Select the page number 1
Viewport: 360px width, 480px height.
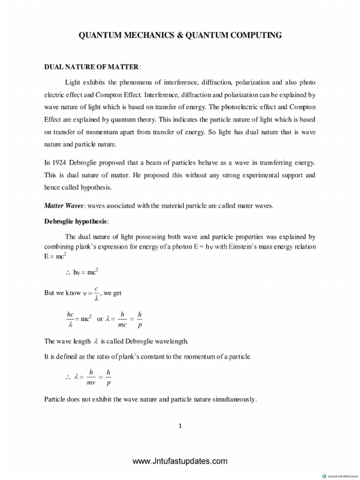pos(180,426)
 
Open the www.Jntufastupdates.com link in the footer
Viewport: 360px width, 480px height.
pos(180,461)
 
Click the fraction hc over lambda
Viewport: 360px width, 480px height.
pos(71,318)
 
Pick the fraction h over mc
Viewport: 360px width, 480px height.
pos(122,318)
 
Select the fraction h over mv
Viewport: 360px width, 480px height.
pos(91,376)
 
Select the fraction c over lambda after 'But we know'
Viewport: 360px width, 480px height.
pos(96,293)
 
